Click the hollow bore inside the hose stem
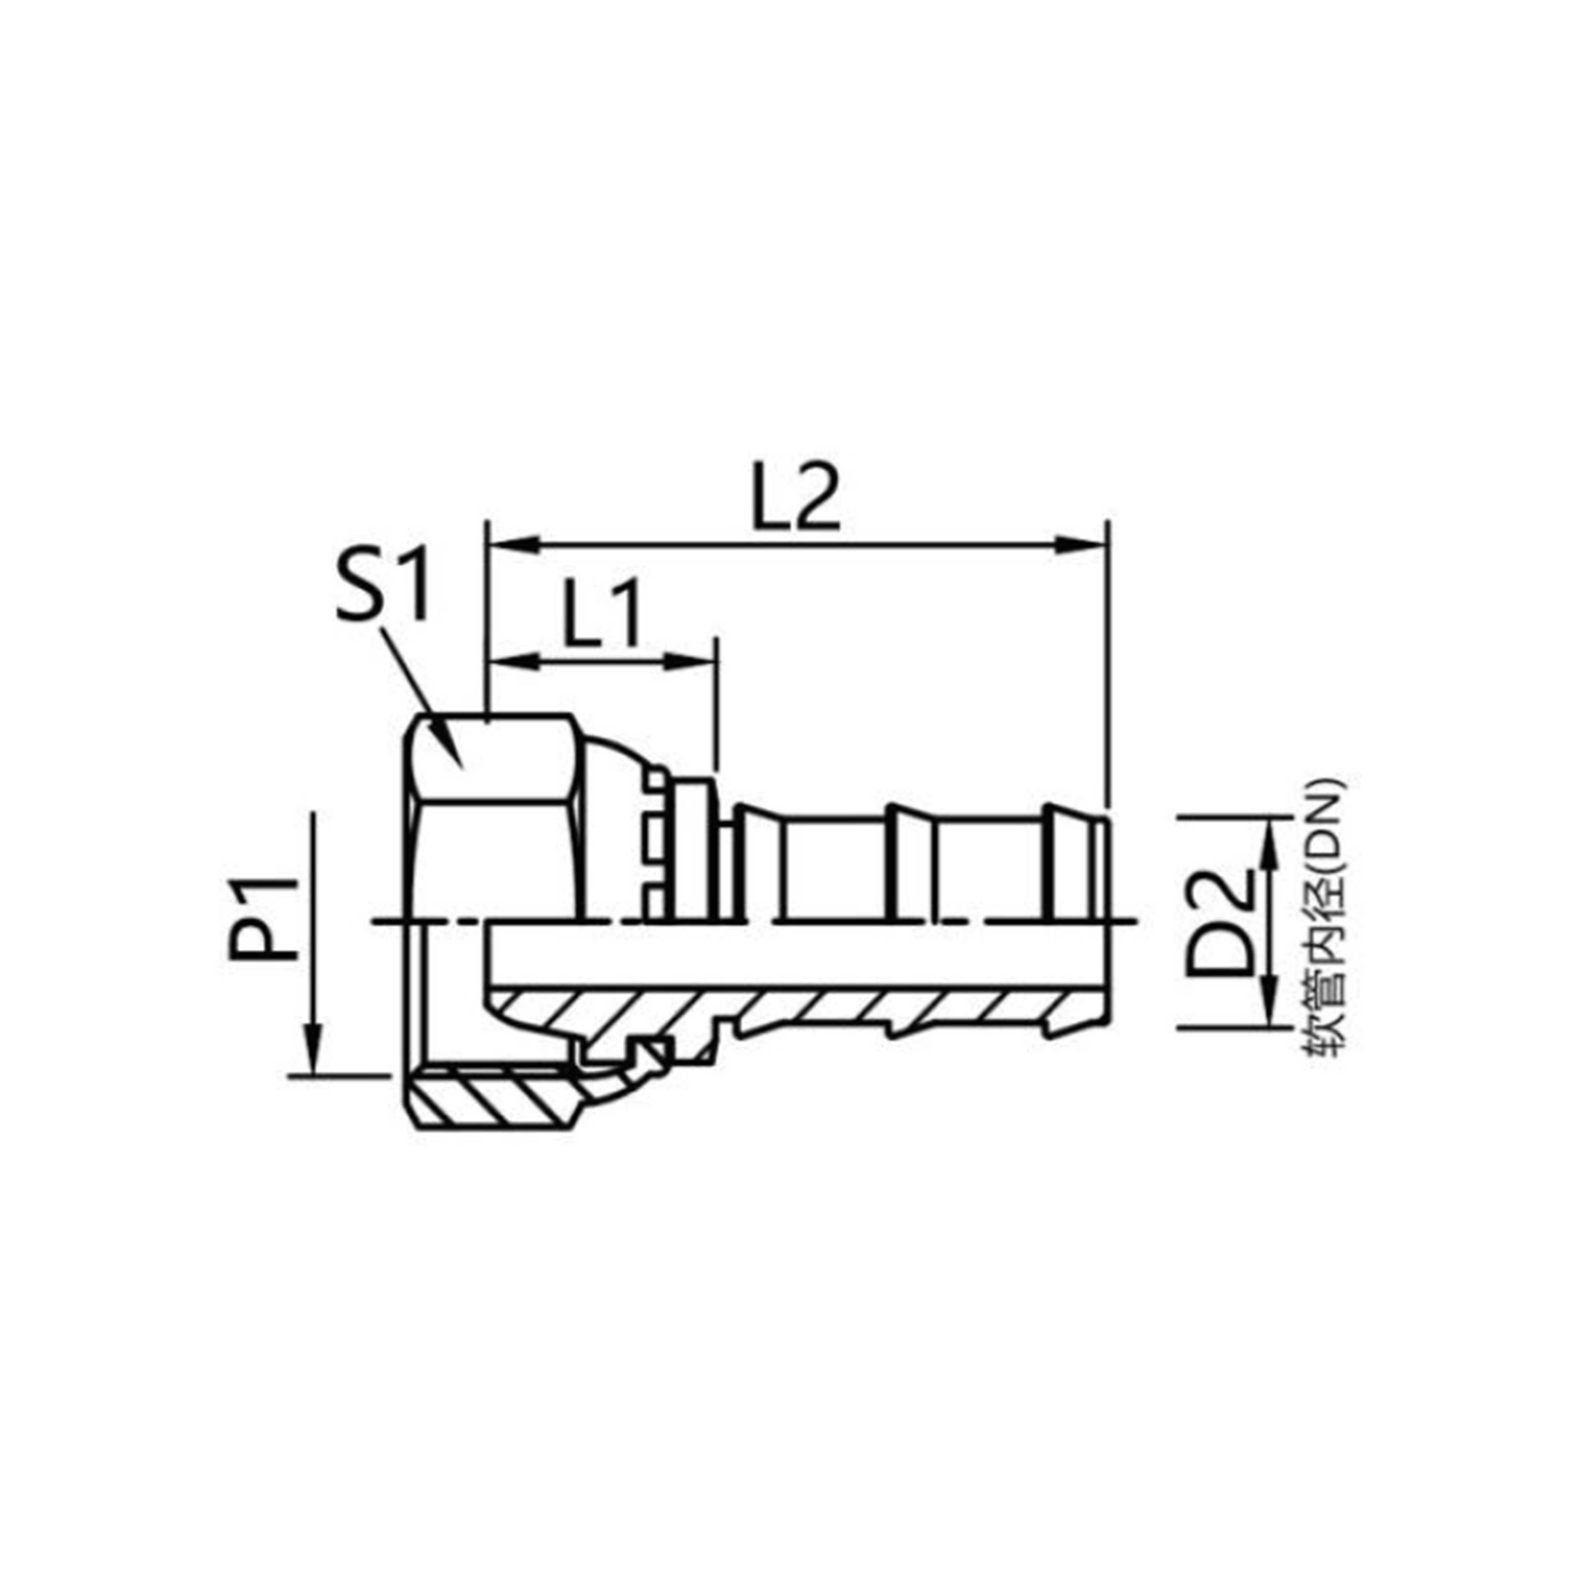790,955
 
